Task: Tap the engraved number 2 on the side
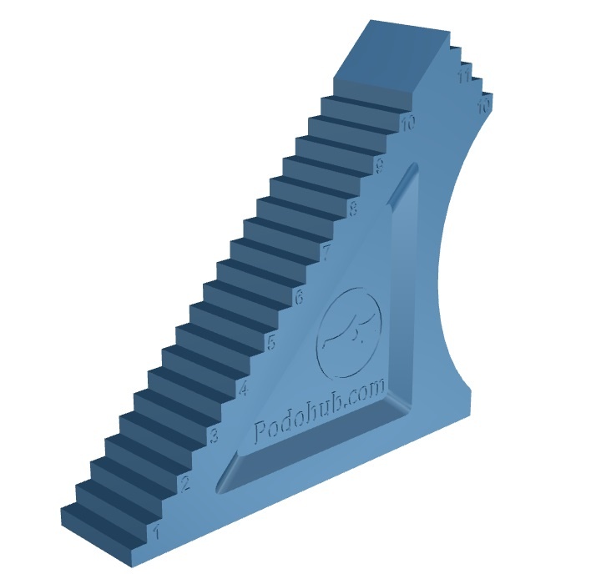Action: click(x=185, y=483)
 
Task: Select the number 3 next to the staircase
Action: click(x=214, y=436)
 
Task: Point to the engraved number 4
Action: click(x=243, y=389)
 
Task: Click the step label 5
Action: click(x=270, y=341)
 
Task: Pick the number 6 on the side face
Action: click(x=298, y=295)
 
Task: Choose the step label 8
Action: click(x=353, y=209)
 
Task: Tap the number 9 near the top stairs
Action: click(x=380, y=165)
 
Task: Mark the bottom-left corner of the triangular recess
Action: click(x=225, y=485)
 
